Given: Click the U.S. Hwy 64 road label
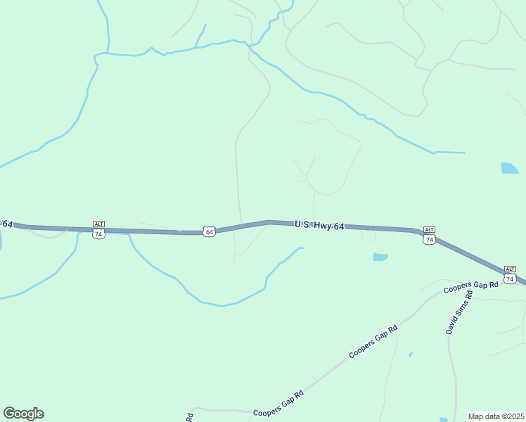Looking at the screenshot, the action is coord(319,226).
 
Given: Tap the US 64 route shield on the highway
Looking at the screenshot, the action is coord(209,231).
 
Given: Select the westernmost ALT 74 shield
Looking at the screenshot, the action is coord(98,229).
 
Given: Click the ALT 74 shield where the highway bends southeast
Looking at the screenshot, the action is coord(429,236).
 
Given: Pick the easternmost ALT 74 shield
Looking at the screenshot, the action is coord(510,275).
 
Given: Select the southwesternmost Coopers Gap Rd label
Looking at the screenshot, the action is coord(278,404).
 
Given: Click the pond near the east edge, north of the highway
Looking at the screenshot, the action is coord(509,168).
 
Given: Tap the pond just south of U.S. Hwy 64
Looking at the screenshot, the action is coord(380,257).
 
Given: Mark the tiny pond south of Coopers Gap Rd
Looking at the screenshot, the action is coord(410,354).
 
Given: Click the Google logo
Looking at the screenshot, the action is coord(23,413).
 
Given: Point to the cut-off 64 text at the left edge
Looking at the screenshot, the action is coord(7,224).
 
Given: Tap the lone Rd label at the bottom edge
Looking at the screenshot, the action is coord(190,417).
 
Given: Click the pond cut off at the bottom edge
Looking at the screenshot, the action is coord(444,420).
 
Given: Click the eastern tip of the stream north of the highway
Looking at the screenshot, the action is coord(463,153).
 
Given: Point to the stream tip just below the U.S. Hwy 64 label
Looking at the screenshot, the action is coord(302,248).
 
